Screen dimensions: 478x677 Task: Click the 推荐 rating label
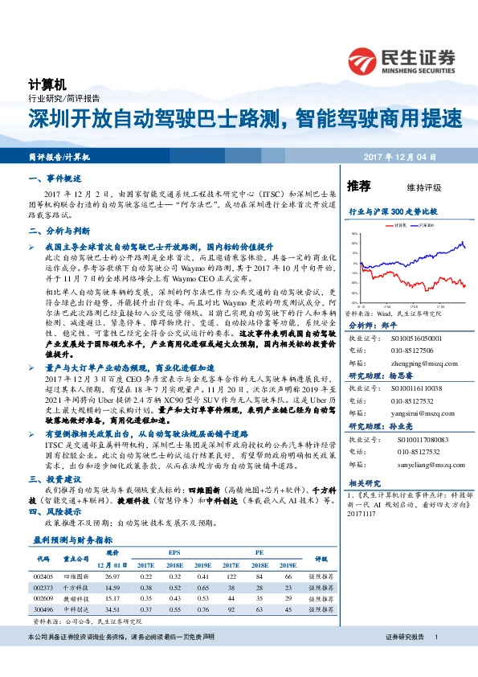[x=358, y=186]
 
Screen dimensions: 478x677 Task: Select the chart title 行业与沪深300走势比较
[x=392, y=210]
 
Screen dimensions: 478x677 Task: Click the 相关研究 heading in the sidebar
[x=366, y=482]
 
